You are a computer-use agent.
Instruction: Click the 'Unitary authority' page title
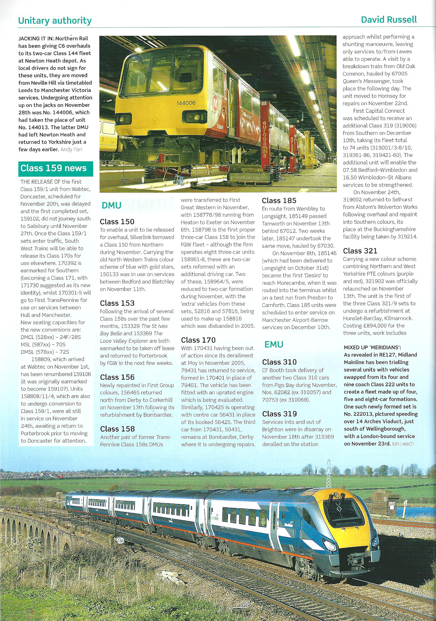tap(55, 21)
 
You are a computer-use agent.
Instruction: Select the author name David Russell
tap(388, 20)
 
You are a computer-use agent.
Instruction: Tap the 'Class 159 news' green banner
tap(54, 168)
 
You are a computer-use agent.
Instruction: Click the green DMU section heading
tap(112, 205)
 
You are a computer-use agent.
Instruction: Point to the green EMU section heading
tap(274, 344)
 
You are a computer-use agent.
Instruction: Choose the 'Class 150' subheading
tap(117, 222)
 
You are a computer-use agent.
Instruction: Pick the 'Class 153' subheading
tap(117, 303)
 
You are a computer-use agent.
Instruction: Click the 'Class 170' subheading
tap(198, 340)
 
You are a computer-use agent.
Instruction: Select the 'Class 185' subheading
tap(279, 201)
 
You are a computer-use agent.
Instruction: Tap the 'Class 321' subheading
tap(360, 251)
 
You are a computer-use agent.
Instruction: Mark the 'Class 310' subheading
tap(279, 362)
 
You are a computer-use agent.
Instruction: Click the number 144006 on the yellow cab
tap(186, 103)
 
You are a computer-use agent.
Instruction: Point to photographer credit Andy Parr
tap(72, 150)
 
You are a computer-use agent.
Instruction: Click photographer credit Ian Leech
tap(403, 444)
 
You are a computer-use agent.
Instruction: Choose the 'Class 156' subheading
tap(117, 377)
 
